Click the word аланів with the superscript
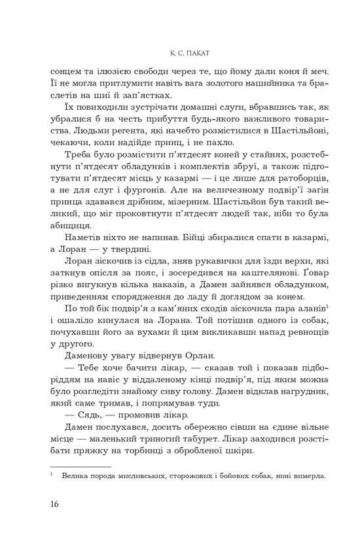pos(303,309)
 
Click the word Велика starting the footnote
pos(75,476)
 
